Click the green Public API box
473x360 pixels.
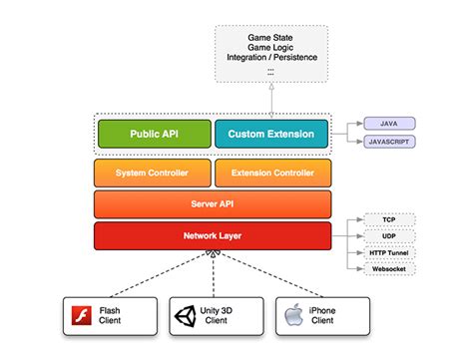(153, 134)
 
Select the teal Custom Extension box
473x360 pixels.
(271, 134)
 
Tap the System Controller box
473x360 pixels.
(153, 173)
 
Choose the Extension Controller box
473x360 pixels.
(271, 173)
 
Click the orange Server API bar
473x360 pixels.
(213, 204)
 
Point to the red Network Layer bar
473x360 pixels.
(213, 236)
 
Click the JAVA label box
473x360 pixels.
(389, 124)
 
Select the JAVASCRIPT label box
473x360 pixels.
(389, 143)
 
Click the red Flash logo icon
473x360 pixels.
(84, 316)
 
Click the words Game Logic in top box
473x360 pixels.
(271, 49)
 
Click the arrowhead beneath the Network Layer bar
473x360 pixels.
(213, 257)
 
